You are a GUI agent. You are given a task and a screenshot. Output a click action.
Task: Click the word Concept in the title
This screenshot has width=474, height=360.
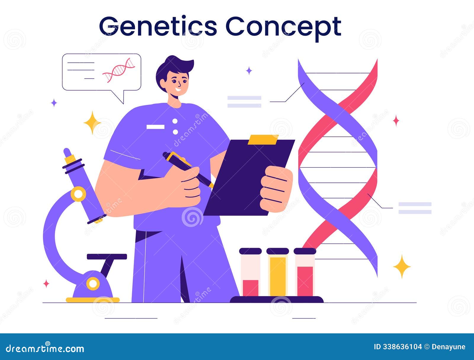283,27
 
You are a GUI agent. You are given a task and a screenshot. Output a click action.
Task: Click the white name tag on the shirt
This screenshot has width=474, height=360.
156,127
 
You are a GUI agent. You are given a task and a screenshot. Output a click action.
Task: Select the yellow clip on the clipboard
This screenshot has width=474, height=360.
263,139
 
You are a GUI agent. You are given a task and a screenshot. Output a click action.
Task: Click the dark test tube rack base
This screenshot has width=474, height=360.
277,299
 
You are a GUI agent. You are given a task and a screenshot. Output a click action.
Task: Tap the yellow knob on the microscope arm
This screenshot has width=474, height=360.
79,194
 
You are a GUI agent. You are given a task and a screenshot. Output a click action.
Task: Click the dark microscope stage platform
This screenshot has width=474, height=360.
107,256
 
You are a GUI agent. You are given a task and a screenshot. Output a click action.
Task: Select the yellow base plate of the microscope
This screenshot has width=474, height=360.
92,300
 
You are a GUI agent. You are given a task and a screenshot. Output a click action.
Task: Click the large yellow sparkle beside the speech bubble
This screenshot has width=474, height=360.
92,123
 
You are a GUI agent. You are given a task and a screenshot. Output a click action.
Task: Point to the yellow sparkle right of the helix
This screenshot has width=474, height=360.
402,266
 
